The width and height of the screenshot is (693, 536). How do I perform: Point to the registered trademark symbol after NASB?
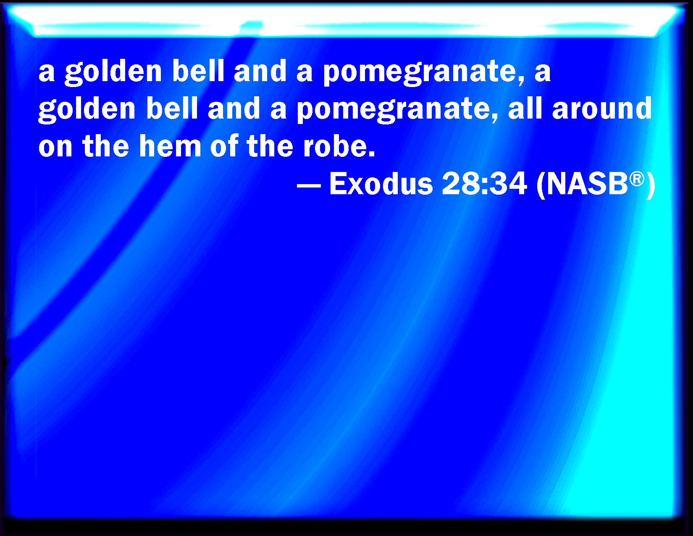[x=637, y=179]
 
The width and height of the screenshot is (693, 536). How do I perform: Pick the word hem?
[x=170, y=146]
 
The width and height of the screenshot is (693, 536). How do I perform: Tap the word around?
[x=602, y=108]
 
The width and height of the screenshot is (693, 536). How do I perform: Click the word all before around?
[x=525, y=108]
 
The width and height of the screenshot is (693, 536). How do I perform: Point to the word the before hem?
[x=106, y=146]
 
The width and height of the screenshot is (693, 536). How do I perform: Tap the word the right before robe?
[x=270, y=146]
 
